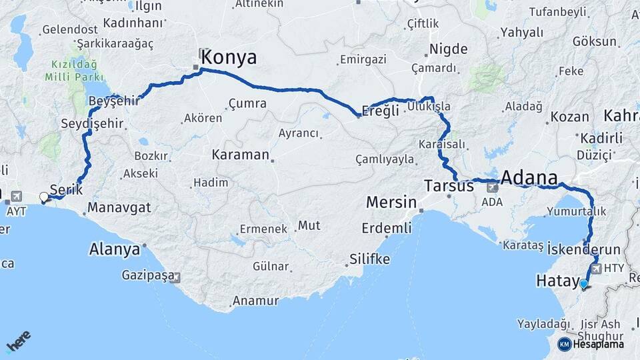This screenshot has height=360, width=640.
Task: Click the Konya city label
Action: (229, 57)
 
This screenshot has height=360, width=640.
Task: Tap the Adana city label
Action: (529, 178)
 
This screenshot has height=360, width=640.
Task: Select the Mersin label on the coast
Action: (391, 203)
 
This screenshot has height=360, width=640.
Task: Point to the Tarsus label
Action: (449, 187)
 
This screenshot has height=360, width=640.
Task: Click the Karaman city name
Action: (240, 155)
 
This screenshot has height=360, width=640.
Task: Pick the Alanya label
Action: (115, 250)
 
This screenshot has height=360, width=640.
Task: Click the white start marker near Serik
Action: (44, 197)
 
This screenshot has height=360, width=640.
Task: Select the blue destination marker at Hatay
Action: (584, 285)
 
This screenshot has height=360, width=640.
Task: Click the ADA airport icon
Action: (492, 189)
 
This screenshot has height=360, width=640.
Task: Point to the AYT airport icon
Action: (15, 197)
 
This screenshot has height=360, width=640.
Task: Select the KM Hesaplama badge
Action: (591, 344)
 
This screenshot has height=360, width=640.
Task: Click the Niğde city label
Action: (448, 49)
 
